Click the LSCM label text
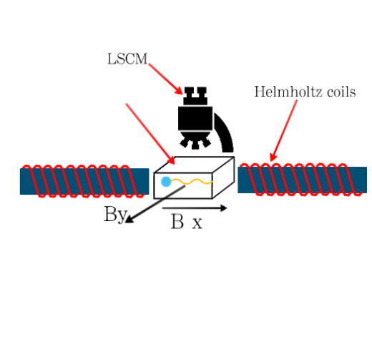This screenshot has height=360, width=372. [127, 59]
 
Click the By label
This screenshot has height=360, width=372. [115, 214]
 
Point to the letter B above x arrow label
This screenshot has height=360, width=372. [177, 222]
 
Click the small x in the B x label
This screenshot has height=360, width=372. [197, 224]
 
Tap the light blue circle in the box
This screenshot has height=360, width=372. [166, 182]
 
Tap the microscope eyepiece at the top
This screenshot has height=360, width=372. [195, 96]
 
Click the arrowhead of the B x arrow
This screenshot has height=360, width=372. [223, 208]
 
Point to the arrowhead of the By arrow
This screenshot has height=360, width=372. [129, 220]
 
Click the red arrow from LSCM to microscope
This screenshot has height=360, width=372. [166, 79]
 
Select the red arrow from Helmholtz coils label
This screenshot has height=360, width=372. [283, 130]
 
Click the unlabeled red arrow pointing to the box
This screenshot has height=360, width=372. [150, 134]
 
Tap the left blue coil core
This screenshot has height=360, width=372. [84, 181]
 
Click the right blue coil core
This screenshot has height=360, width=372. [302, 180]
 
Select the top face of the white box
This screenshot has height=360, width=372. [194, 165]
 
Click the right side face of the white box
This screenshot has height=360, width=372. [223, 177]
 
